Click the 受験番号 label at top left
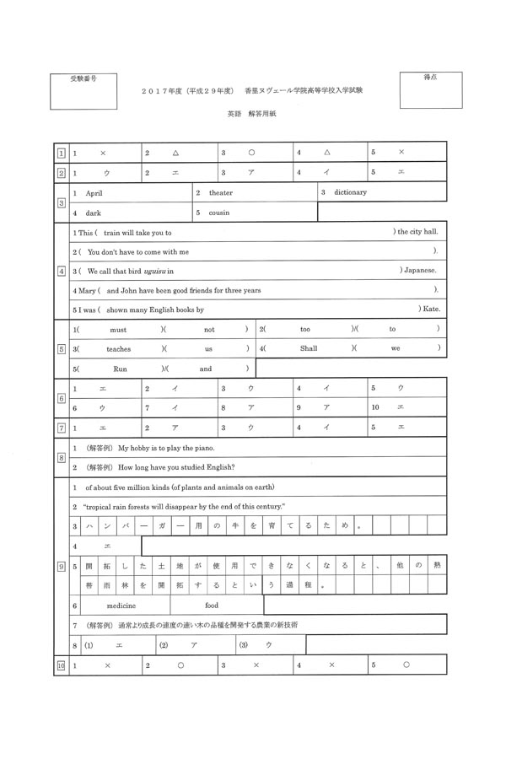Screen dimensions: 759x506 pos(83,78)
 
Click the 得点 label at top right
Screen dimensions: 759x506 pos(430,78)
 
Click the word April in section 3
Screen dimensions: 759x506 pos(94,192)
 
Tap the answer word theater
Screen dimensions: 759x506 pos(221,192)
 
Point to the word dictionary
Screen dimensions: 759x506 pos(350,192)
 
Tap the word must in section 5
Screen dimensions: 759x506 pos(118,329)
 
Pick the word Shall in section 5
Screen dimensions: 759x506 pos(309,348)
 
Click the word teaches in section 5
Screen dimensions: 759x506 pos(119,348)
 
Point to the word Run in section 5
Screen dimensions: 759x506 pos(120,369)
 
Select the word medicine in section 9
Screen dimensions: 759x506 pos(121,605)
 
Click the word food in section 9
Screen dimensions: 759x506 pos(212,605)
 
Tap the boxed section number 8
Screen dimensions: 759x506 pos(61,458)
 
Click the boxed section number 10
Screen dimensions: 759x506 pos(61,665)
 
